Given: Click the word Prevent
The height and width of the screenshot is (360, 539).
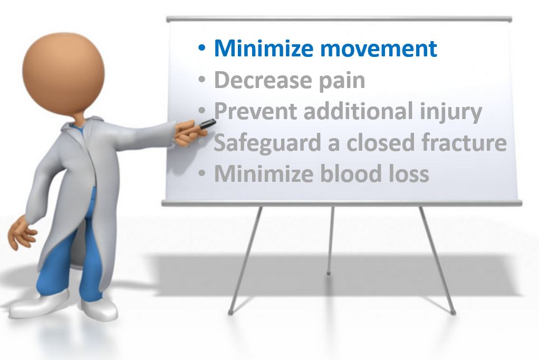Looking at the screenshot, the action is pos(255,111).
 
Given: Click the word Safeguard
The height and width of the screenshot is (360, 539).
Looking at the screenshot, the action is pos(267,143).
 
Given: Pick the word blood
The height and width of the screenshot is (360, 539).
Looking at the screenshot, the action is pos(351,173).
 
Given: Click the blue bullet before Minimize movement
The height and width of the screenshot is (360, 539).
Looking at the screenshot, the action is pos(202,48).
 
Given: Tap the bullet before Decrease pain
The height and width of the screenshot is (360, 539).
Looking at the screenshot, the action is pos(202,80).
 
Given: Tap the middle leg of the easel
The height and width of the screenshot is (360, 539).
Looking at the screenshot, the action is pos(330,240).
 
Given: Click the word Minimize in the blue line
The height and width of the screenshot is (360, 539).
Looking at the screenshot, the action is pos(264,48).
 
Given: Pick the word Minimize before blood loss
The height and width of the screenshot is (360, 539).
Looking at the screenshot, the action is pos(264,173).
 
